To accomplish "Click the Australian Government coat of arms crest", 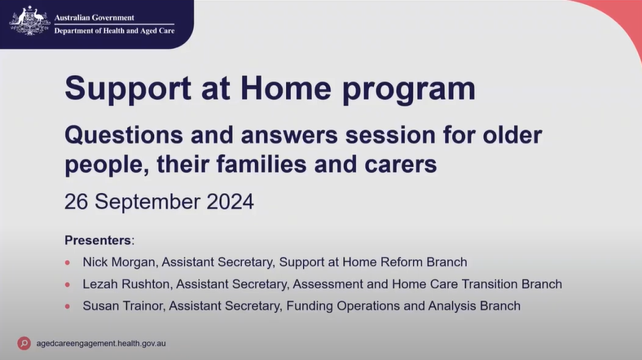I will coord(29,20).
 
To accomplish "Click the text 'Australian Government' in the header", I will coord(99,14).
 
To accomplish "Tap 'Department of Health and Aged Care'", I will coord(119,30).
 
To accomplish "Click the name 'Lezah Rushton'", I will coord(126,284).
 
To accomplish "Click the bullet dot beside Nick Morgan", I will coord(68,262).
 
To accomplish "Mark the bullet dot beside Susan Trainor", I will coord(68,306).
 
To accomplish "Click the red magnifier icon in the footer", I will coord(24,343).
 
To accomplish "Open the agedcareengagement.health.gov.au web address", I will coord(101,343).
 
